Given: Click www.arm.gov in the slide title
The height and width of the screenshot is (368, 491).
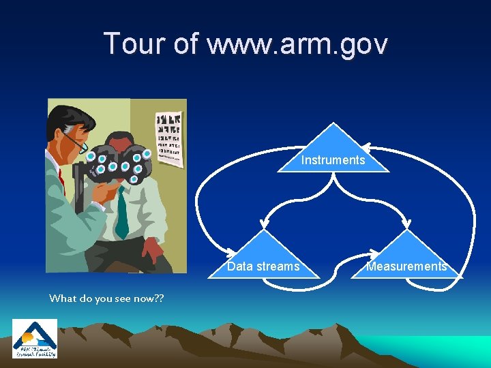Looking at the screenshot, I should coord(297,44).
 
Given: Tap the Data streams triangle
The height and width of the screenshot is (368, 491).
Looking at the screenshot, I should coord(264,259).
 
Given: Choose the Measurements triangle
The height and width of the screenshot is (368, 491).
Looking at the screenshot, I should coord(407,259).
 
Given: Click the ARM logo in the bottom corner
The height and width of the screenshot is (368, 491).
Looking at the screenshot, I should coord(35,339).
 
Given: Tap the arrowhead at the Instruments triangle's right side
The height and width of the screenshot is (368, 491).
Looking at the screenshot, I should coord(366,147).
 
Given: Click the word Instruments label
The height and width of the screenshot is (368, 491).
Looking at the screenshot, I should coord(333,161).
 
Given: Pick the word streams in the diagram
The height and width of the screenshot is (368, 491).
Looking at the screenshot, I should coord(282,266).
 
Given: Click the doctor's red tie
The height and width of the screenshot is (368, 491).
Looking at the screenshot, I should coord(61,181).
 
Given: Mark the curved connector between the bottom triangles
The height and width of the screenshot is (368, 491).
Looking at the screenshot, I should coord(336,273).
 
